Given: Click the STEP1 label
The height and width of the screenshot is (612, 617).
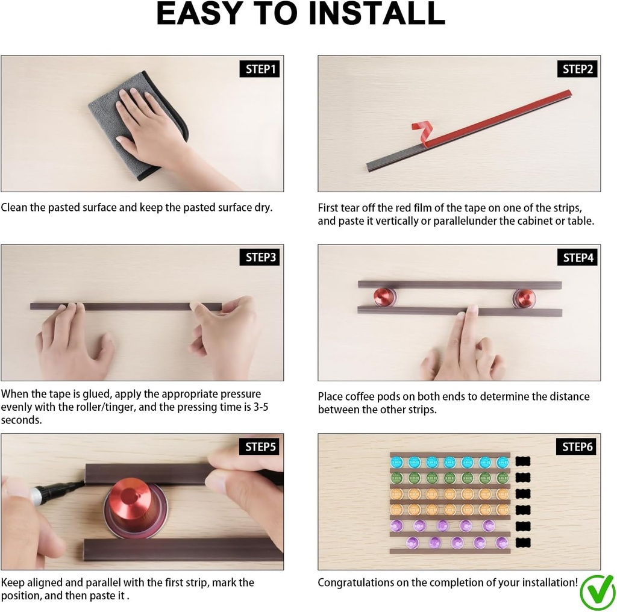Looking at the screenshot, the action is pos(260,69).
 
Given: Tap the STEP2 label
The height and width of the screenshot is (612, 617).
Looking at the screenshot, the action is pos(577,69).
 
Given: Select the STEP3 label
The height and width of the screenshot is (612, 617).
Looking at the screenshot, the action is pos(260,257).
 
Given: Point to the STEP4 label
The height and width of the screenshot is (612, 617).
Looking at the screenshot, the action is pos(577,257).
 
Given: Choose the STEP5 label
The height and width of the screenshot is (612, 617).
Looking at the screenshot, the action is pos(259,446).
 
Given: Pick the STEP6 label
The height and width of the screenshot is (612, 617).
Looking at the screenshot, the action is pos(577,446).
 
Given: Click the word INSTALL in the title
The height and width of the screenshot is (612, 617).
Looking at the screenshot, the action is pos(377,14).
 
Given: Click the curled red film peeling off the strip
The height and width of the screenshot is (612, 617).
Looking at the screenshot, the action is pos(422,131).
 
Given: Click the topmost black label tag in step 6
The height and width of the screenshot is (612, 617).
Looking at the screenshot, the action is pos(523,461).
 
